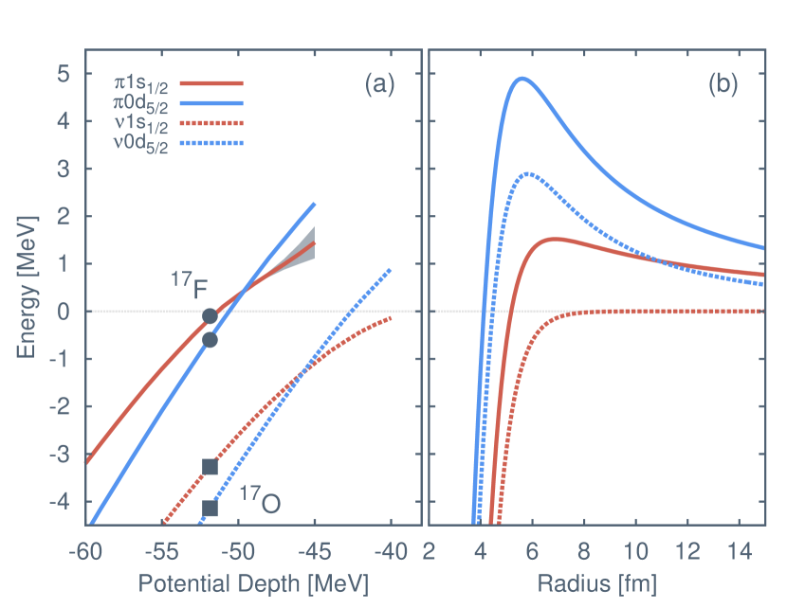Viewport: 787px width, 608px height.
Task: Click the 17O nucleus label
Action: coord(258,501)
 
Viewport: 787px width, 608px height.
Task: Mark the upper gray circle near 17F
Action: coord(210,316)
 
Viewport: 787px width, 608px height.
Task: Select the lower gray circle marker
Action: coord(210,340)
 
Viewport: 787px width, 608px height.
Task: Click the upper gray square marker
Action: coord(210,467)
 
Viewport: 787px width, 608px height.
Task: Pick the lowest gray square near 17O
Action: coord(210,509)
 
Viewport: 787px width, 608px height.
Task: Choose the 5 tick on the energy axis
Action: coord(64,74)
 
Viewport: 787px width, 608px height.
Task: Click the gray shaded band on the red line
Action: coord(303,248)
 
